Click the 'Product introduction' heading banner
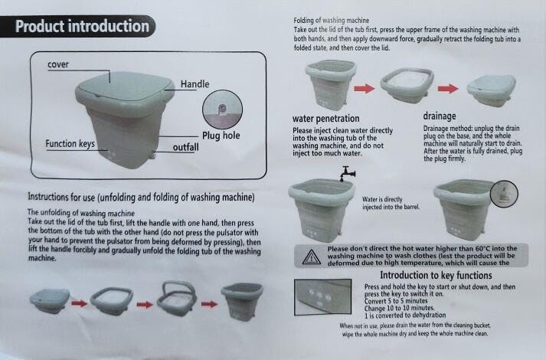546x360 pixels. (77, 27)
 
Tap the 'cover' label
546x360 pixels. (57, 64)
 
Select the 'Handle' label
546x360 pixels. (195, 84)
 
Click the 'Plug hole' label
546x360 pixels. (221, 136)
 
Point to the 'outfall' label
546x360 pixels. (185, 147)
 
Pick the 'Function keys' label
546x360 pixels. (70, 144)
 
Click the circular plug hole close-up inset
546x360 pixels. (223, 110)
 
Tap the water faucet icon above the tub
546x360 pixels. (348, 173)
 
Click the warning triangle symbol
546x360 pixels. (312, 257)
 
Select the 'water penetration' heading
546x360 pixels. (326, 119)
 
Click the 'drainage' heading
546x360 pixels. (440, 116)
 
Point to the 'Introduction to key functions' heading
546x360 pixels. (436, 276)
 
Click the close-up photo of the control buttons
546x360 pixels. (323, 297)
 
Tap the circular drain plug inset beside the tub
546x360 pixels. (504, 194)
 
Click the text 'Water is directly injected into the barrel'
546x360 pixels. (391, 203)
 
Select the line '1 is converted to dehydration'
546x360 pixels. (405, 315)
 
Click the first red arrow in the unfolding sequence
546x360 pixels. (80, 303)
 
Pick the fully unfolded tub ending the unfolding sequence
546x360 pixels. (242, 302)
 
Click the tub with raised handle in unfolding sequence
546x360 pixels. (177, 298)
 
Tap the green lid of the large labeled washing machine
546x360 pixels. (124, 87)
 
